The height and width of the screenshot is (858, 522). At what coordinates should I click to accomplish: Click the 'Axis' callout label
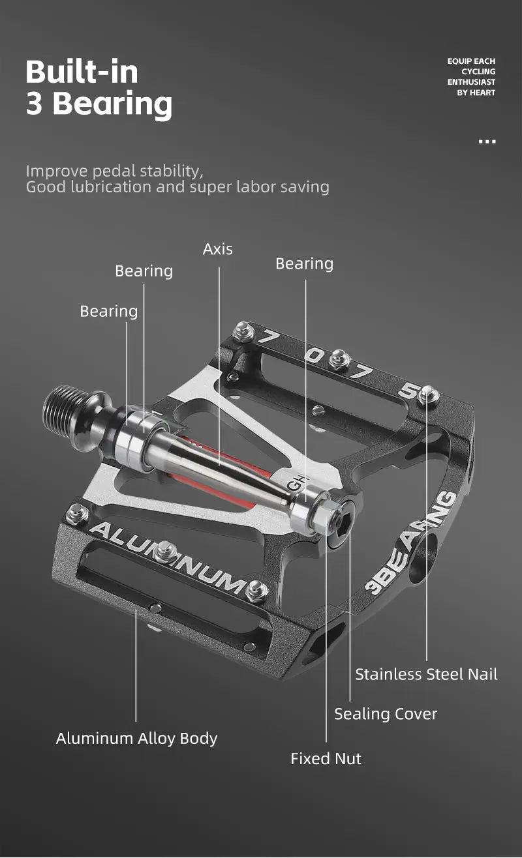tap(217, 249)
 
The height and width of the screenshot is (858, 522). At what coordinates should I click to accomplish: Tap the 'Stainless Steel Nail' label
tap(426, 674)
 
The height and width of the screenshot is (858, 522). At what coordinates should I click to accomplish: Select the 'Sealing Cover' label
tap(385, 714)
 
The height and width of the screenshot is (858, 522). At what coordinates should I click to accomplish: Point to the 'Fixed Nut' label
tap(326, 758)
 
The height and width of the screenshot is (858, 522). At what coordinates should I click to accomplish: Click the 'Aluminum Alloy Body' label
tap(136, 738)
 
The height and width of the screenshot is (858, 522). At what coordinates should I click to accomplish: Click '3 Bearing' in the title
tap(99, 104)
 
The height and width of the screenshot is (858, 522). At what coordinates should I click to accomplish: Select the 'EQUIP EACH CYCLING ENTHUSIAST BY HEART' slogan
tap(471, 77)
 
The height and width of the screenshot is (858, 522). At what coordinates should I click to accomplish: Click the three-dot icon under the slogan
tap(487, 141)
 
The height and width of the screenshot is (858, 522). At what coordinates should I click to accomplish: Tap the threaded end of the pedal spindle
tap(63, 402)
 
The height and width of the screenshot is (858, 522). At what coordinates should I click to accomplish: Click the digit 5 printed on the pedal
tap(409, 391)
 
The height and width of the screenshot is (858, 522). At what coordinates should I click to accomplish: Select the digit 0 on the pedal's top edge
tap(315, 356)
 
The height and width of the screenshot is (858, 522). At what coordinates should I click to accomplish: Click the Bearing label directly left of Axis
tap(144, 271)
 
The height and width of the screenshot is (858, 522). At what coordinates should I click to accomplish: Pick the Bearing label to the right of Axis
tap(304, 263)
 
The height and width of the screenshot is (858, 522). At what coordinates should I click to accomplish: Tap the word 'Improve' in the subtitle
tap(56, 171)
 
